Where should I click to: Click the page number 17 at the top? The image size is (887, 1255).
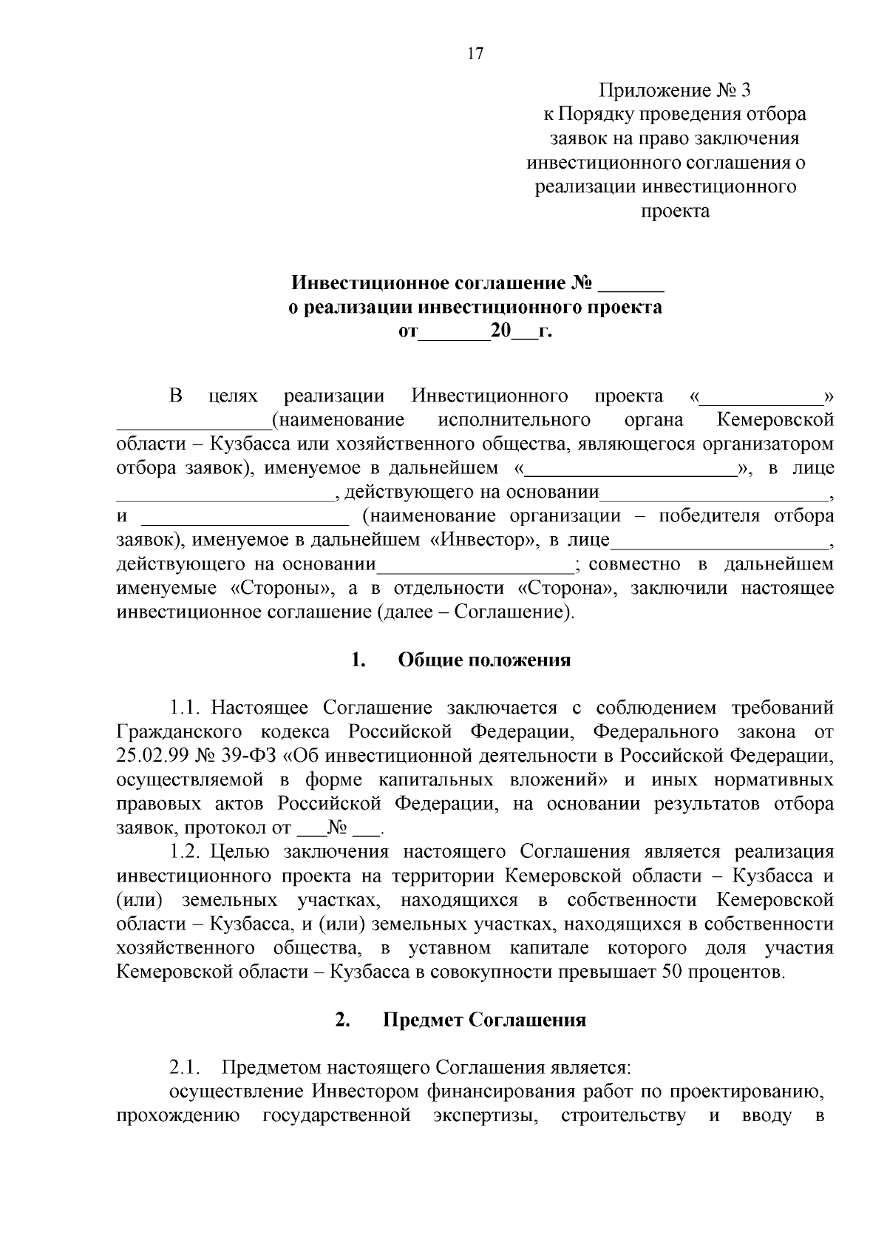point(475,54)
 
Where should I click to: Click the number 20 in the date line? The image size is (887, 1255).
point(500,331)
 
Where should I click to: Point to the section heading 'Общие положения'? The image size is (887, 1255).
point(484,660)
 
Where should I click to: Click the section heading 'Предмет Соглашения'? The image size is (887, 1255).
point(484,1021)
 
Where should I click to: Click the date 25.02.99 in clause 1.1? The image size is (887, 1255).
point(152,756)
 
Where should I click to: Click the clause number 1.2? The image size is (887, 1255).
point(186,852)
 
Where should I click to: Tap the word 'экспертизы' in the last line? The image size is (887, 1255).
point(485,1116)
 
